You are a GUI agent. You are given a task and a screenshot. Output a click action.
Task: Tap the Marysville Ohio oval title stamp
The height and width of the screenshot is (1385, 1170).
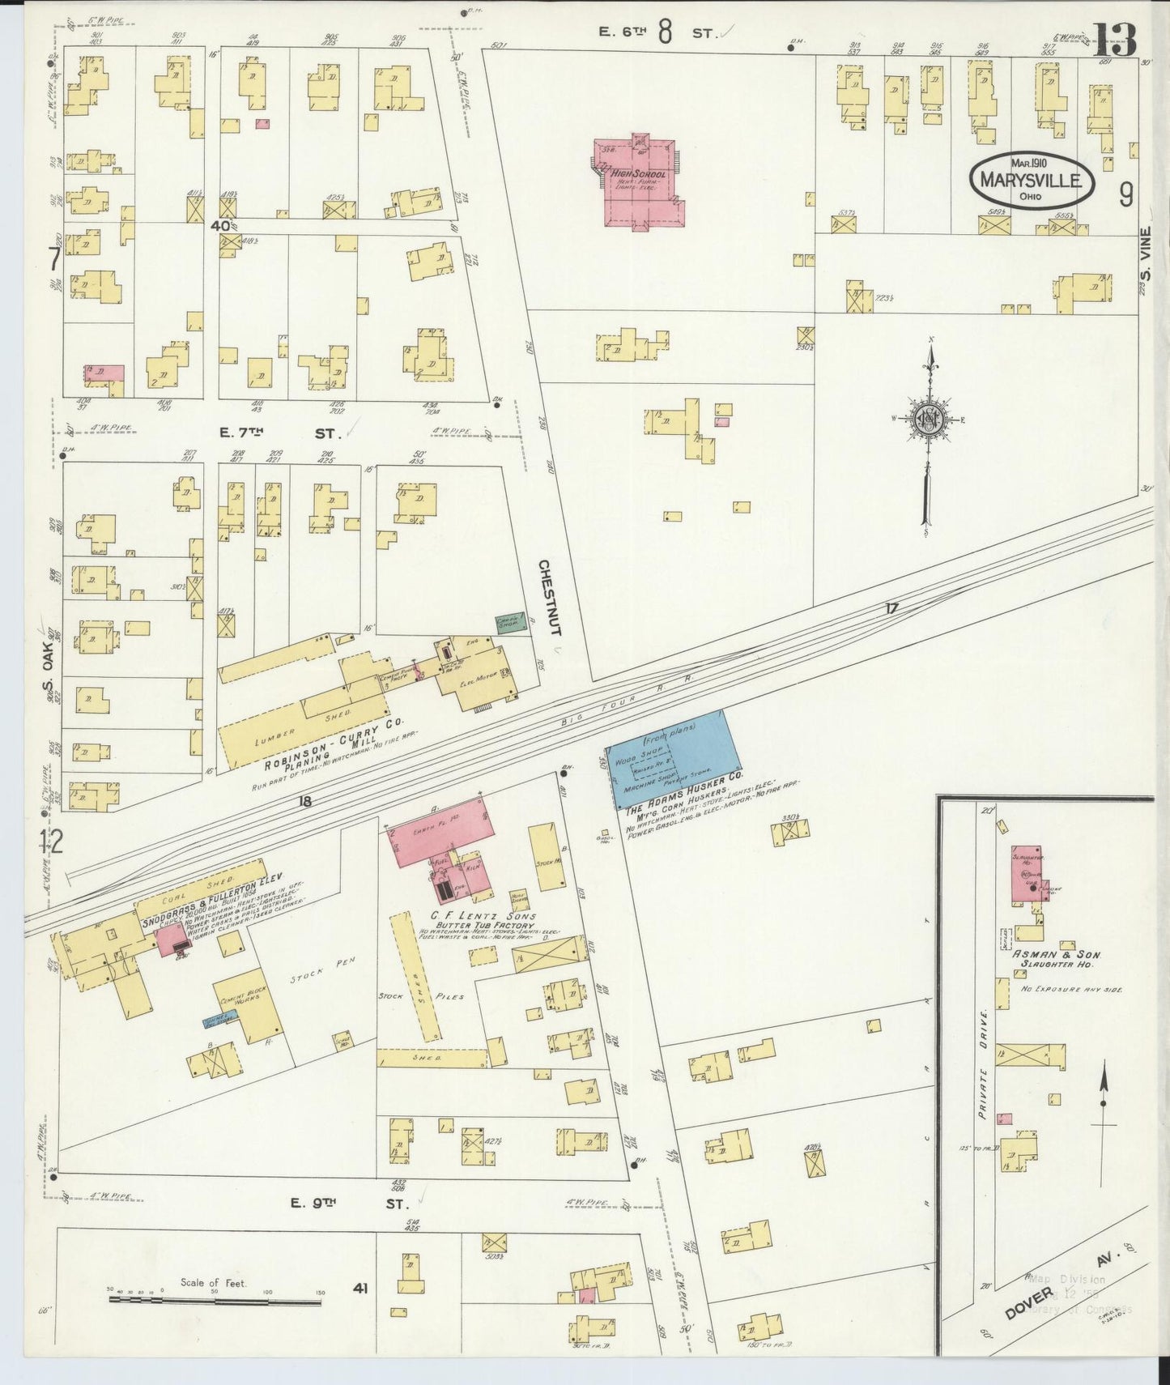(1031, 179)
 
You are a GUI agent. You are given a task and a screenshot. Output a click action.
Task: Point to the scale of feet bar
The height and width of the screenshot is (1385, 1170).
(215, 1299)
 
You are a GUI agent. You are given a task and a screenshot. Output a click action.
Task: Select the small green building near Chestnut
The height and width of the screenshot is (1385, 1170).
(508, 623)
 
